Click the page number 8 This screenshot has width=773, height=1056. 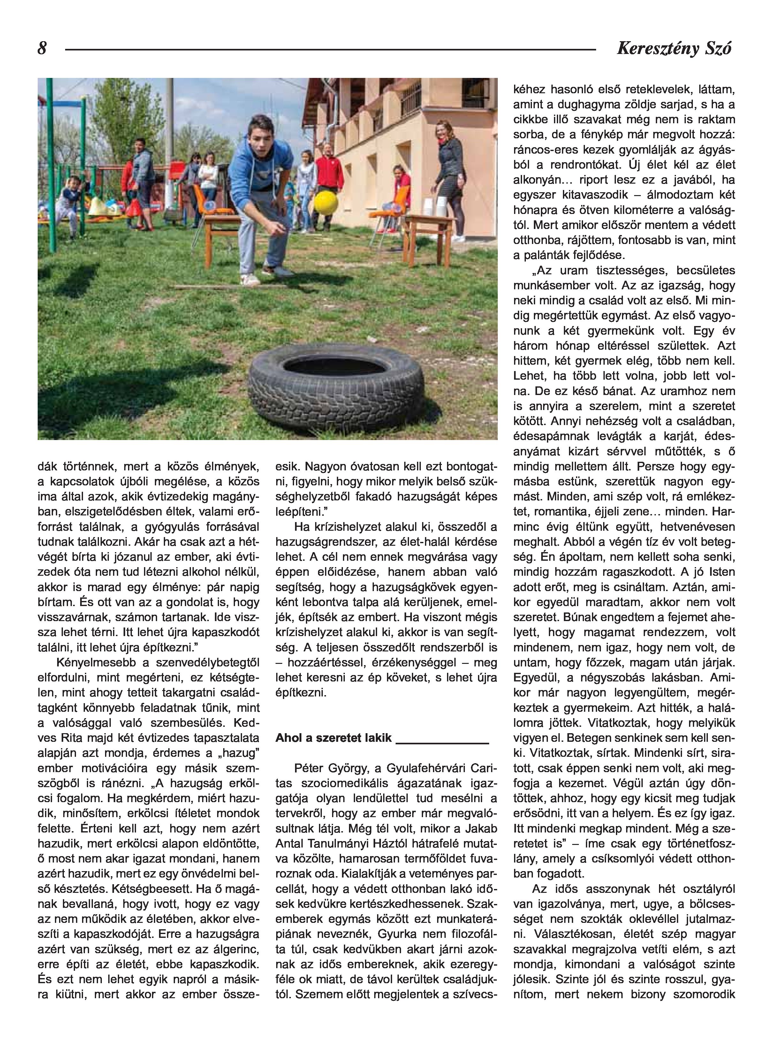(42, 48)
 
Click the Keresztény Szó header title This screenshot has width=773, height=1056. (674, 49)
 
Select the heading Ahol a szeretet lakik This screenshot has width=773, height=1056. (333, 738)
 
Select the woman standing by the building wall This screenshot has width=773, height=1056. (448, 173)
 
